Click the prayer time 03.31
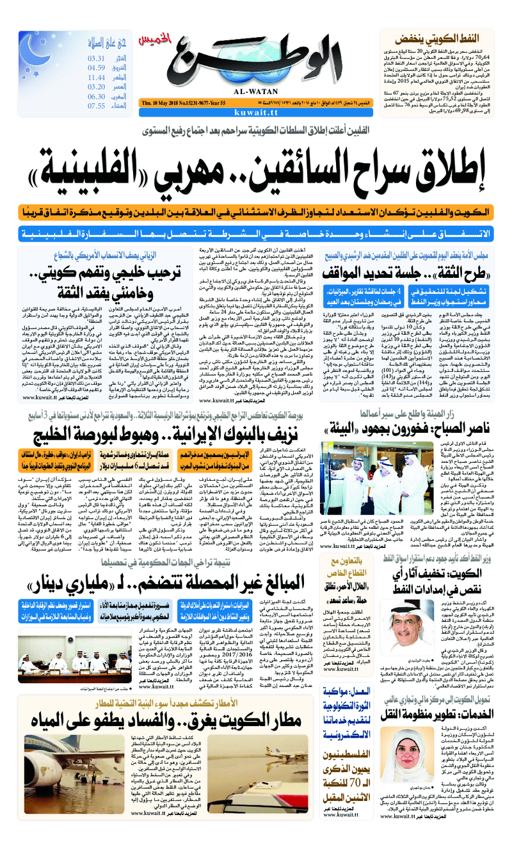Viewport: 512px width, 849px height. coord(97,58)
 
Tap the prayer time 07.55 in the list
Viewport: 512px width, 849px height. coord(97,106)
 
